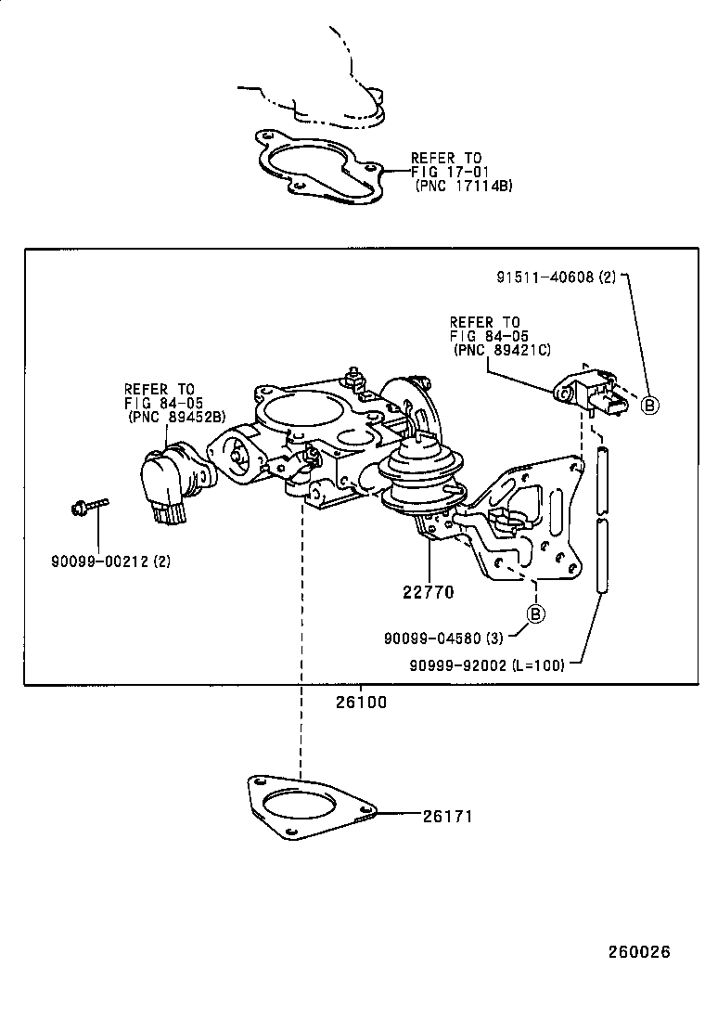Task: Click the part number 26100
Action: coord(361,703)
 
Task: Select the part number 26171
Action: coord(448,817)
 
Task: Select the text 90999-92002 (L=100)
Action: coord(487,664)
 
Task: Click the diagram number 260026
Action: coord(639,952)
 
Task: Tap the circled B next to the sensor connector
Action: coord(650,405)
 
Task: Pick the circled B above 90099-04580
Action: coord(535,613)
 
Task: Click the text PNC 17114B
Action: coord(464,186)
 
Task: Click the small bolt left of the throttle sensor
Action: coord(88,506)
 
